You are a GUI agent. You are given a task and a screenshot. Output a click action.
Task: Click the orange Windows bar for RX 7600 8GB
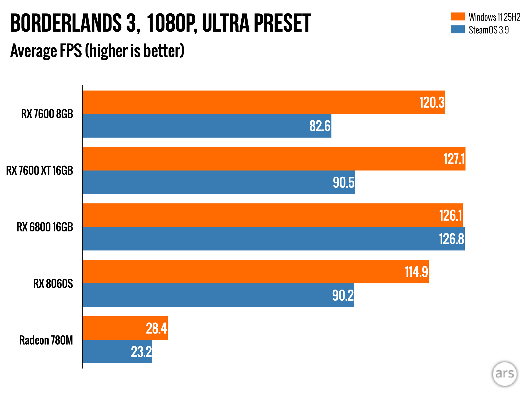pyautogui.click(x=257, y=102)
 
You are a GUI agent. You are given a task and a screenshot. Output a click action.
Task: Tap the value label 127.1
pyautogui.click(x=454, y=159)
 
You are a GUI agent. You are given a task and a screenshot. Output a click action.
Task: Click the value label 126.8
pyautogui.click(x=451, y=239)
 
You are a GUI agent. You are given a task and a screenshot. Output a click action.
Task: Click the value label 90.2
pyautogui.click(x=343, y=295)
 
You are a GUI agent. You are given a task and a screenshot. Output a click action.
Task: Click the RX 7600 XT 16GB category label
pyautogui.click(x=40, y=170)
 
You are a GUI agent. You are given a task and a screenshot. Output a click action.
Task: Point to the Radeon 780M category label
pyautogui.click(x=46, y=340)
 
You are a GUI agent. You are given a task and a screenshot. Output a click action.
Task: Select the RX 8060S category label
pyautogui.click(x=53, y=284)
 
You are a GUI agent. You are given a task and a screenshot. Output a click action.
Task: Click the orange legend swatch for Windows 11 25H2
pyautogui.click(x=458, y=16)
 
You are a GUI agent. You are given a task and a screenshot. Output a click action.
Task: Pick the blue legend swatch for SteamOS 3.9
pyautogui.click(x=458, y=29)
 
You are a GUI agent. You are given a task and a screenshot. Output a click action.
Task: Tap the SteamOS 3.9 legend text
pyautogui.click(x=489, y=30)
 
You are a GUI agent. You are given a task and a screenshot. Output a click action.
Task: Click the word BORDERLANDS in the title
pyautogui.click(x=66, y=23)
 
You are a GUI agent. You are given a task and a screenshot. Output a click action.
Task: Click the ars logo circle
pyautogui.click(x=504, y=374)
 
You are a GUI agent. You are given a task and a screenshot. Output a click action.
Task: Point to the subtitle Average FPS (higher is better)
pyautogui.click(x=97, y=51)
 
